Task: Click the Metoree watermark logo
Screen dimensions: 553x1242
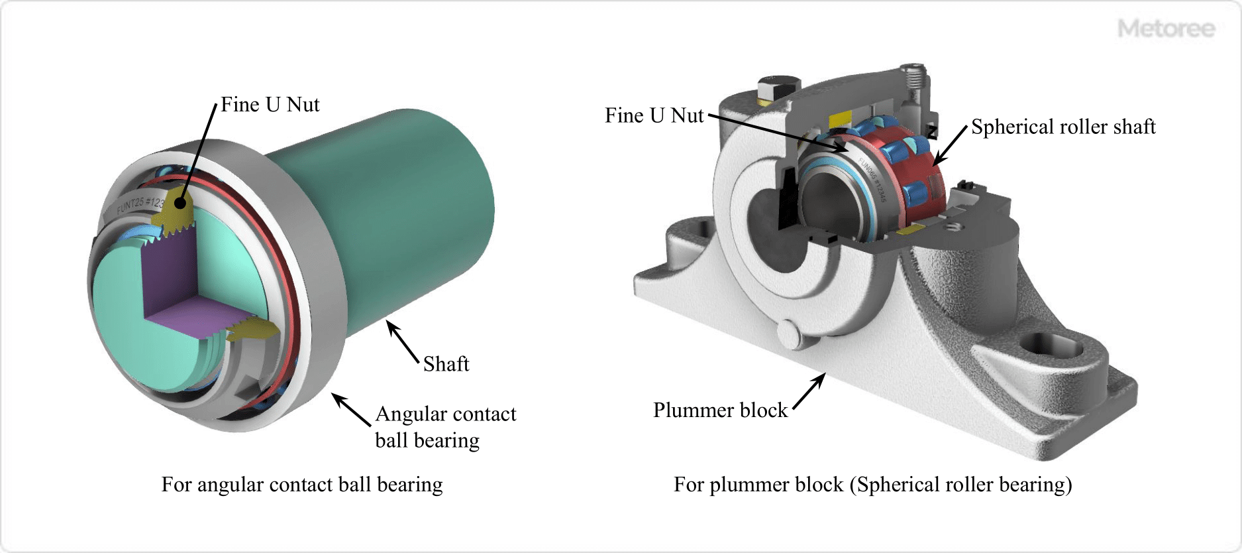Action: [x=1166, y=29]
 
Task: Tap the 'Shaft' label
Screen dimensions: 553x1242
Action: [x=446, y=364]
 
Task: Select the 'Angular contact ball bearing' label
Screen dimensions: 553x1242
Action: [x=445, y=427]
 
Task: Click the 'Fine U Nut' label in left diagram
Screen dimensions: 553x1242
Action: [x=270, y=105]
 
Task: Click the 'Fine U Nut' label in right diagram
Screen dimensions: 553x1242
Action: [x=654, y=116]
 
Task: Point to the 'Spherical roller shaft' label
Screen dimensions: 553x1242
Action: [x=1063, y=127]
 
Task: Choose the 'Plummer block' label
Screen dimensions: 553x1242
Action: [x=720, y=410]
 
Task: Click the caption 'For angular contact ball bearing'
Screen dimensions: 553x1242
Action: [x=302, y=485]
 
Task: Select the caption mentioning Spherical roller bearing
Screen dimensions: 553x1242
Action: [x=872, y=485]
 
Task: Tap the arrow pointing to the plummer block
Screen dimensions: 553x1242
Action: [x=809, y=391]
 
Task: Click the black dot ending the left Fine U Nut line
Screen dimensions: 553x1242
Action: [x=180, y=202]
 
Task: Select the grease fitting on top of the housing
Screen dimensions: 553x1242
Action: [x=914, y=76]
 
